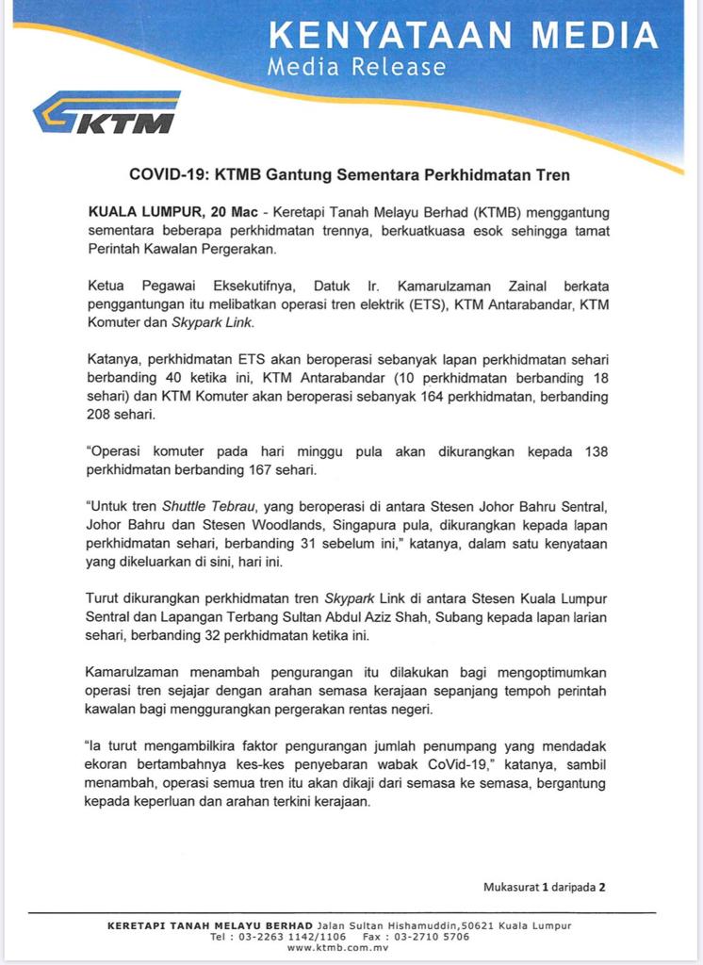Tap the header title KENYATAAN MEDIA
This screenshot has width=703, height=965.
463,36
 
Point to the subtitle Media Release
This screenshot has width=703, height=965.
356,67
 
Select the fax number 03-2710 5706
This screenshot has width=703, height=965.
429,938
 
